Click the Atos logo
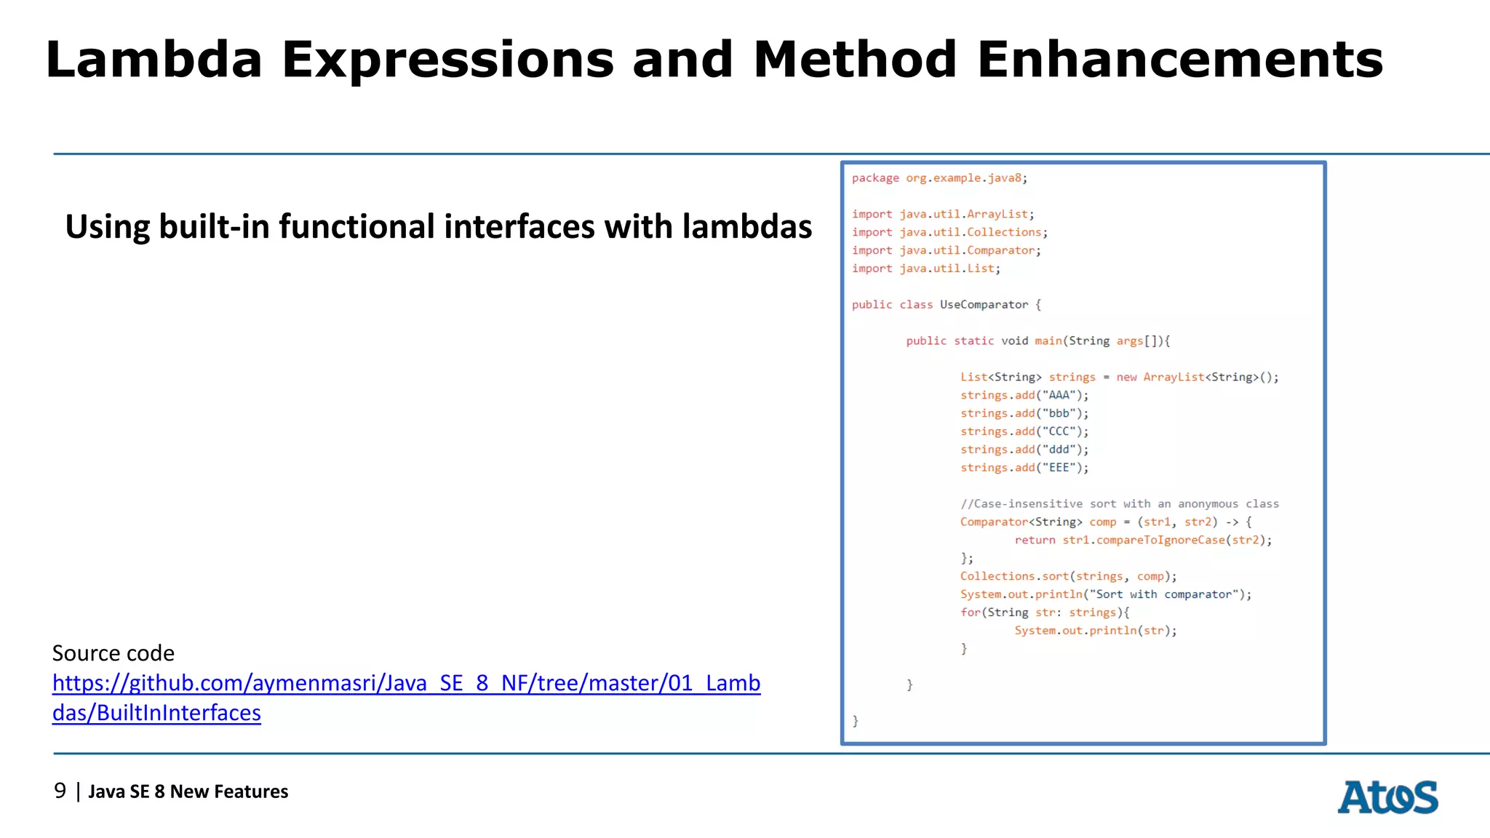[x=1387, y=797]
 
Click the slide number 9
[x=60, y=791]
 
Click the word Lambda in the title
[x=154, y=60]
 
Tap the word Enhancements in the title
[x=1179, y=60]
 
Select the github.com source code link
[x=406, y=683]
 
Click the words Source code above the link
[x=113, y=653]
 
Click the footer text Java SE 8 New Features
[x=188, y=791]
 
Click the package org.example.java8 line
[x=939, y=178]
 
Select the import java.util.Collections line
[x=949, y=232]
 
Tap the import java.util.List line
[x=926, y=268]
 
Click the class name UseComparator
[x=984, y=305]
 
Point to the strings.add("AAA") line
[x=1024, y=395]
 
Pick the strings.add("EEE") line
[x=1024, y=468]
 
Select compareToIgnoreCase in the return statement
[x=1160, y=540]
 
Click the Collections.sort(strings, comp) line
[x=1068, y=576]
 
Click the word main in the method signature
[x=1048, y=341]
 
